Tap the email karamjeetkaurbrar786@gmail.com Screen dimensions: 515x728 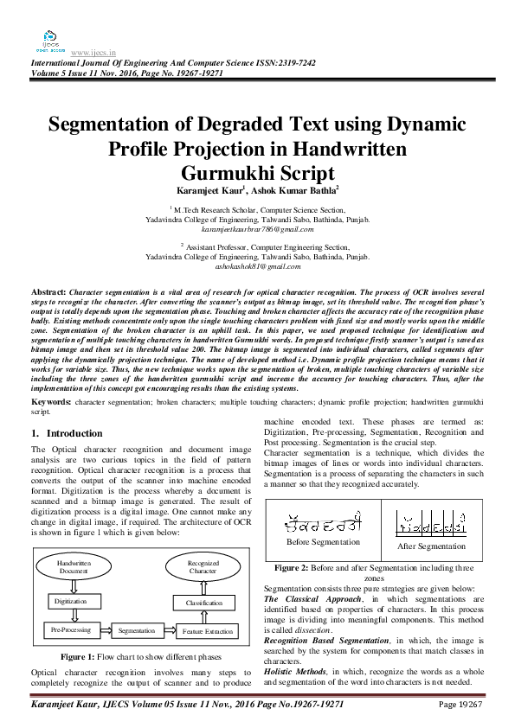(257, 229)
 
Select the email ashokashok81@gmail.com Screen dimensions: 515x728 (257, 268)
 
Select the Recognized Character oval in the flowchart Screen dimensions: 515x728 (203, 567)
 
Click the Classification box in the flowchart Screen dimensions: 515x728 (204, 602)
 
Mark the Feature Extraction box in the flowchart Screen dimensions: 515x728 (208, 632)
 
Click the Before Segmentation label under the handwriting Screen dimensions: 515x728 (323, 542)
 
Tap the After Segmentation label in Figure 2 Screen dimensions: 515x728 (430, 546)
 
